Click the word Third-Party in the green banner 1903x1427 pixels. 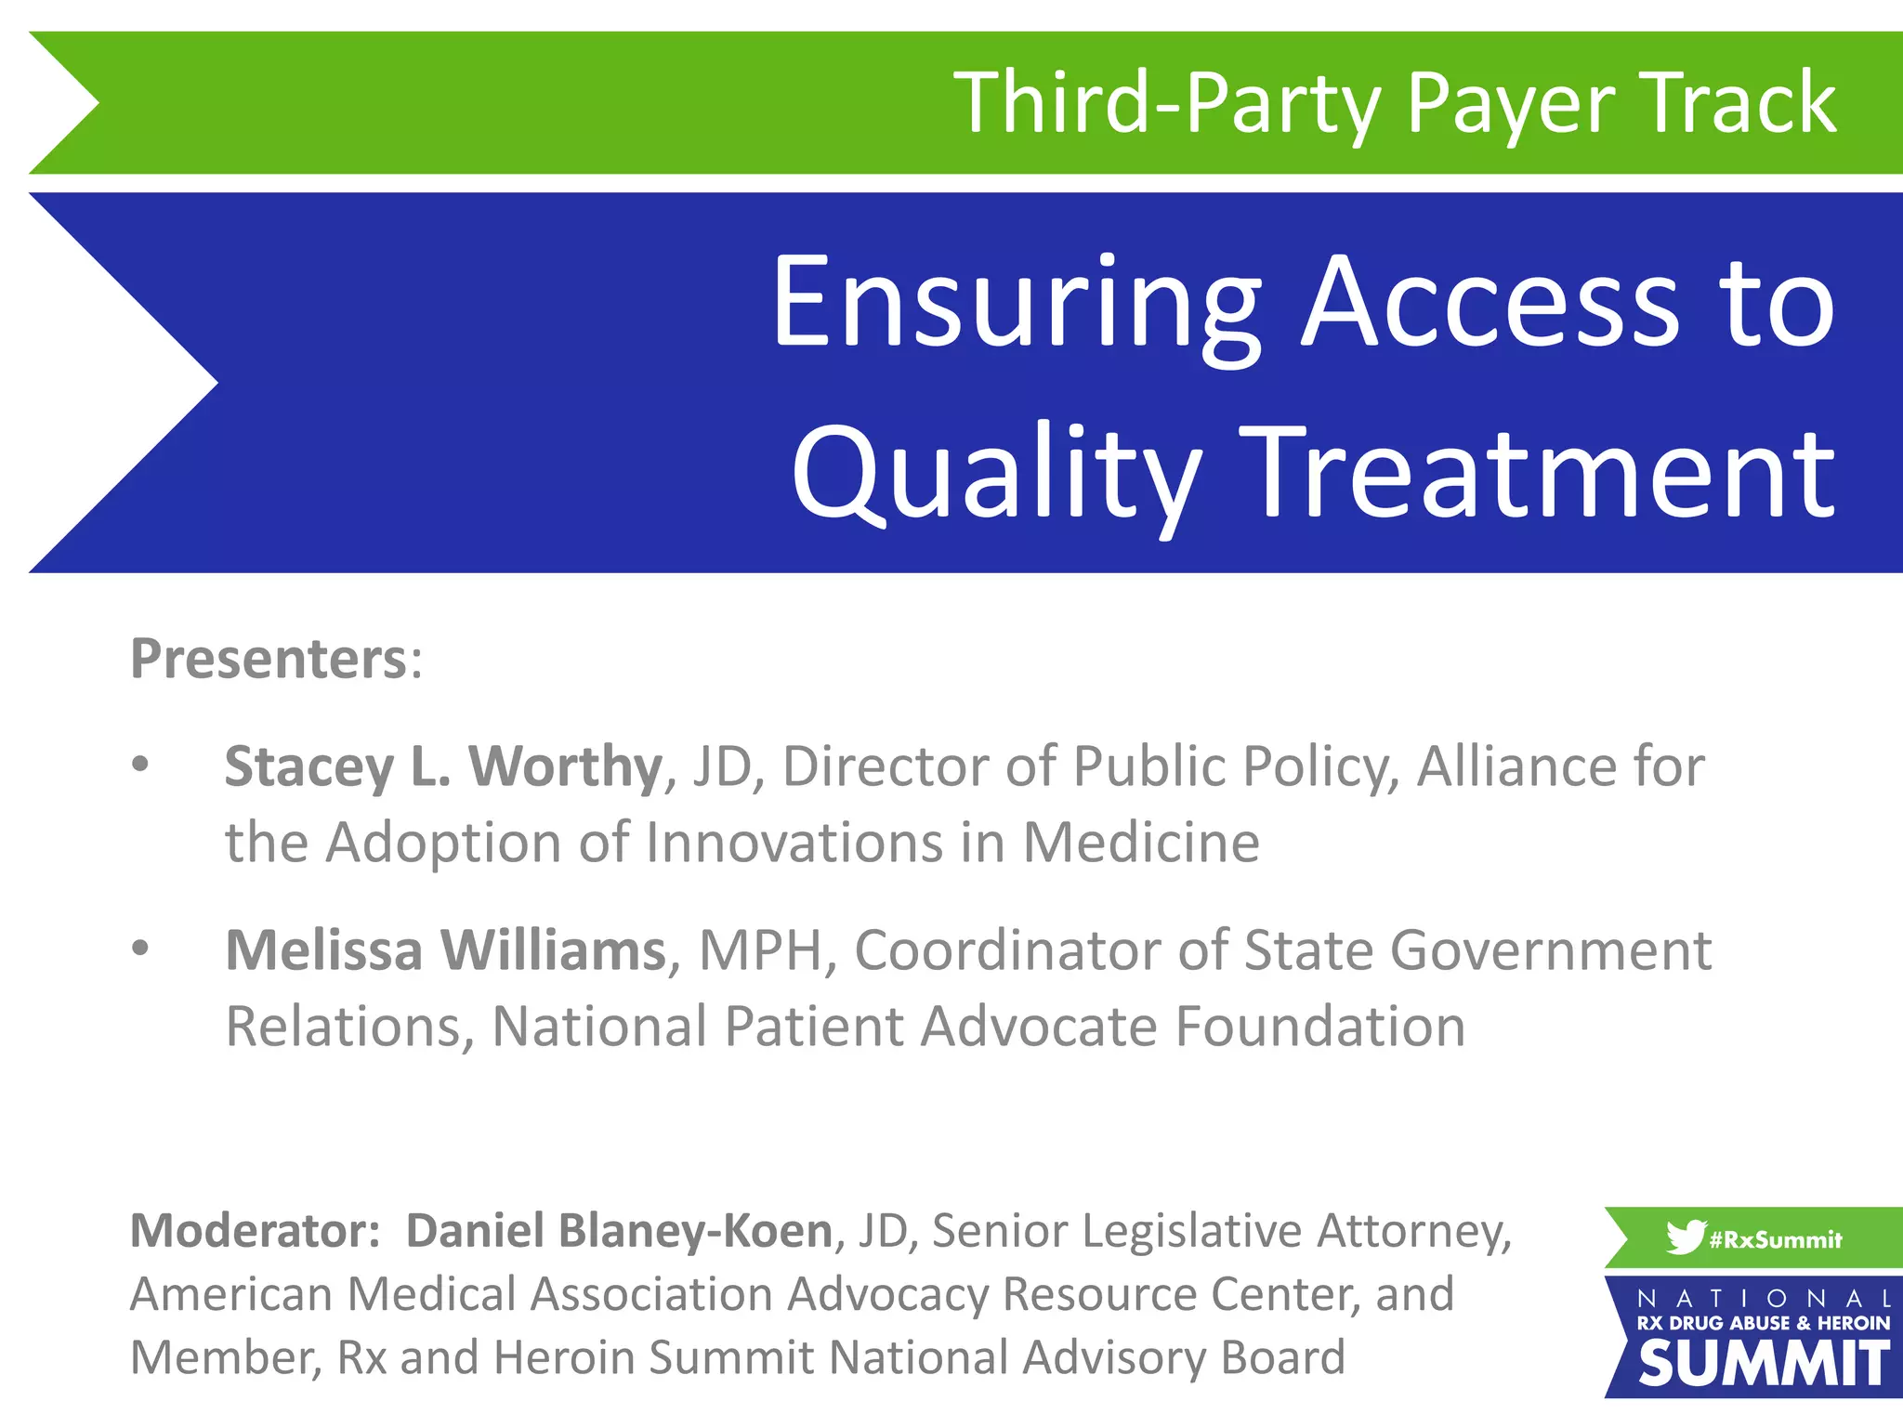(1170, 103)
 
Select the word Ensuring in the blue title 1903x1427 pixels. (1016, 304)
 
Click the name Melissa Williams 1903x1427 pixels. (446, 950)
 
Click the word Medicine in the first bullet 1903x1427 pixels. (1141, 843)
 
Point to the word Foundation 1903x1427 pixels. (1320, 1027)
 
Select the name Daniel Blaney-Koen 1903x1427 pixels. (620, 1231)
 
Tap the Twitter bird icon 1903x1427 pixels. (1685, 1237)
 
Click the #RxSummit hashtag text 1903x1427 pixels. (1775, 1239)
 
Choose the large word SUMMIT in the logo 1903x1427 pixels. (1763, 1364)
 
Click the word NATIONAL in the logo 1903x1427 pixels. (1763, 1298)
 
